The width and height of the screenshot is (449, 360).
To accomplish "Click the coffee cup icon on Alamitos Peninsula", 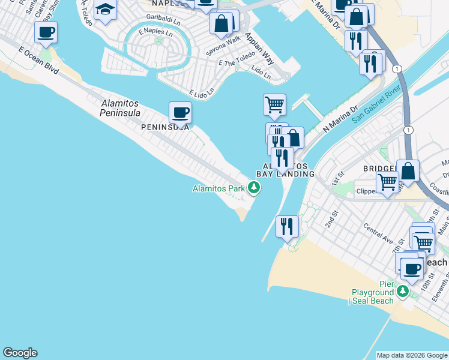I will click(180, 112).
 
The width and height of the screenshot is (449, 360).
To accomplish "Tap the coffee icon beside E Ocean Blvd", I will click(46, 32).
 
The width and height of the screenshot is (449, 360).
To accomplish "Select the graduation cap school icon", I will click(105, 10).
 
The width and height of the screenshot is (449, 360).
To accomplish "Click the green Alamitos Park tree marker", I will click(255, 188).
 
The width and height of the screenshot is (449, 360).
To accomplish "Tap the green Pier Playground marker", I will click(402, 292).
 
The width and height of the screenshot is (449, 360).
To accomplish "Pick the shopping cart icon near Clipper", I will click(387, 182).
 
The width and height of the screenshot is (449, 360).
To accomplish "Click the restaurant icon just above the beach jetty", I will click(287, 226).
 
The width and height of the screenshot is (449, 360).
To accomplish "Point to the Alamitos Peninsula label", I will click(120, 108).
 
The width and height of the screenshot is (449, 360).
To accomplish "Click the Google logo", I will click(20, 353).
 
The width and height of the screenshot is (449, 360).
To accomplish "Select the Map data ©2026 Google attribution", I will click(411, 355).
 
